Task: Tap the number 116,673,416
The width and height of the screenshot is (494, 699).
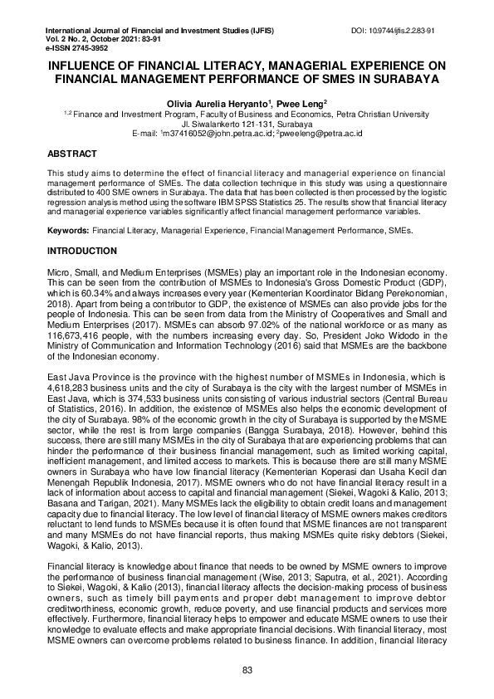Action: pos(77,336)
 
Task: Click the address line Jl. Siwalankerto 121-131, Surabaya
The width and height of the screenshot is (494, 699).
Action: pos(247,123)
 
